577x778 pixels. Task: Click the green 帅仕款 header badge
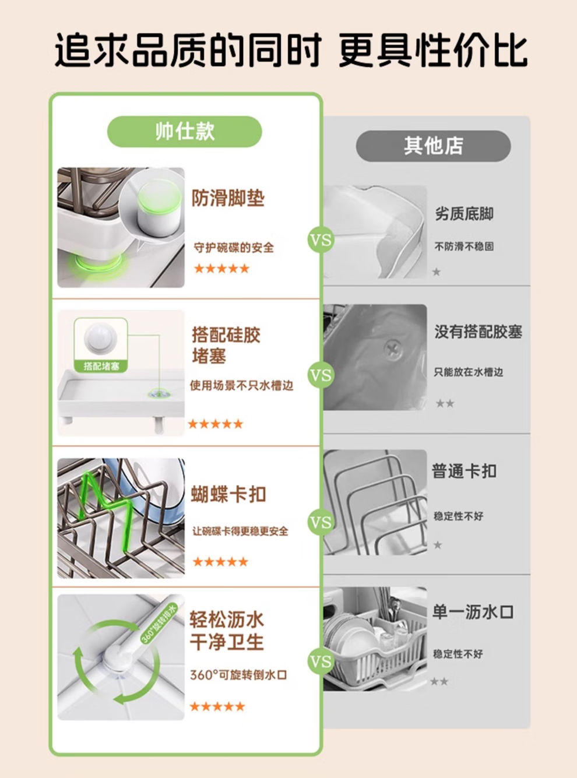185,132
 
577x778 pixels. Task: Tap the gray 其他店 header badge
433,146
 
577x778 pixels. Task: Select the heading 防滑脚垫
228,198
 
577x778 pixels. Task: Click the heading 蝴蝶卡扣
228,494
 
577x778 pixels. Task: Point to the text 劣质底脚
464,214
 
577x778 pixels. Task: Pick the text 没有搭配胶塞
478,332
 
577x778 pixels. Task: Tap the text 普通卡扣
464,471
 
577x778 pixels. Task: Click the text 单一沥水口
473,612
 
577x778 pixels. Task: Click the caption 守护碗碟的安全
234,248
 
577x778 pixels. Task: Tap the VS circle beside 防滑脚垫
321,240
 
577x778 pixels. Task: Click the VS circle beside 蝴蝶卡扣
321,522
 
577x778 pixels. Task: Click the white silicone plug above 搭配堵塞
100,338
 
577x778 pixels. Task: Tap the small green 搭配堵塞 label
101,367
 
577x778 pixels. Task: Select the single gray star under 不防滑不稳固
437,272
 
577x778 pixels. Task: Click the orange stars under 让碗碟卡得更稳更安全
220,562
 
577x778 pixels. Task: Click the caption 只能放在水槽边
468,372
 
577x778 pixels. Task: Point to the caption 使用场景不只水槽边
242,385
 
